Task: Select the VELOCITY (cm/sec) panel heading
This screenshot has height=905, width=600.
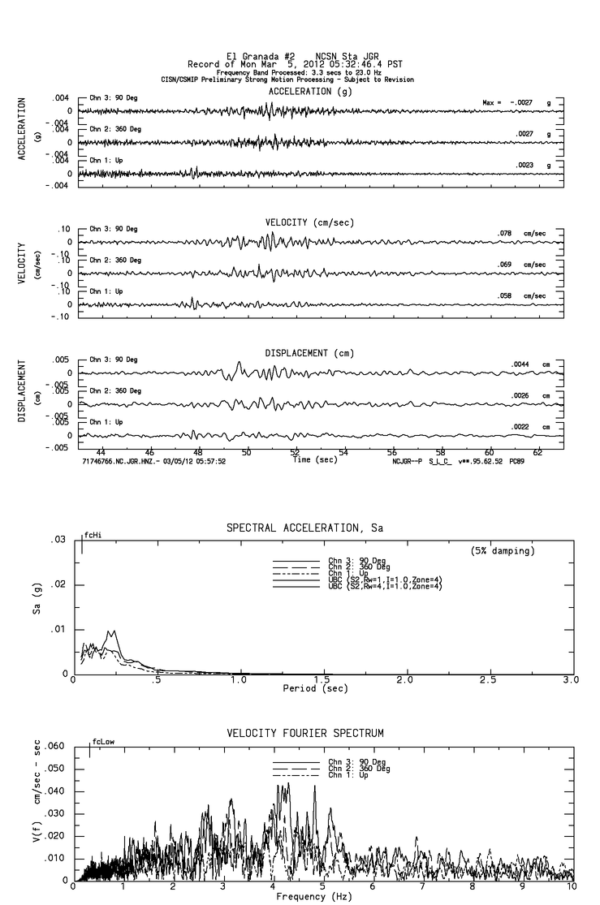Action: pyautogui.click(x=309, y=222)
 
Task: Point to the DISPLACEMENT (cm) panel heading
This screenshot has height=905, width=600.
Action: pyautogui.click(x=309, y=354)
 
